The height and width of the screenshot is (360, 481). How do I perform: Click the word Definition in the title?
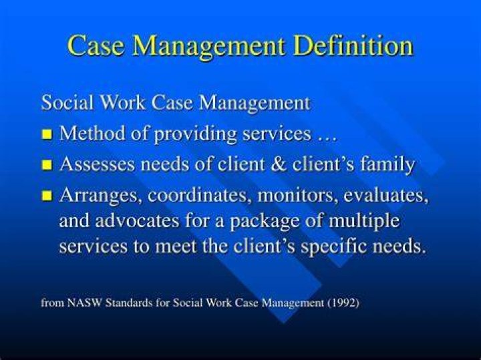353,45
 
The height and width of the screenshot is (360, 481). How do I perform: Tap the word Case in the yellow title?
96,45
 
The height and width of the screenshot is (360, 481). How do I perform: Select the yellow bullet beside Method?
47,134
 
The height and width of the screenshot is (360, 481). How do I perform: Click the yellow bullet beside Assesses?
47,165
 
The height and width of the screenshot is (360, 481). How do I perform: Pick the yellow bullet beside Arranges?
47,195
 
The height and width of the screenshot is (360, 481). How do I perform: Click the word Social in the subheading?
67,102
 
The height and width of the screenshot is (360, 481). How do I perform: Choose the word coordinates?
197,195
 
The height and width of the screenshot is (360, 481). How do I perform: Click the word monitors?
296,196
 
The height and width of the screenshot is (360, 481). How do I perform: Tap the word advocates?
137,220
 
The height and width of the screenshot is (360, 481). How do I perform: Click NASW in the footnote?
84,303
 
